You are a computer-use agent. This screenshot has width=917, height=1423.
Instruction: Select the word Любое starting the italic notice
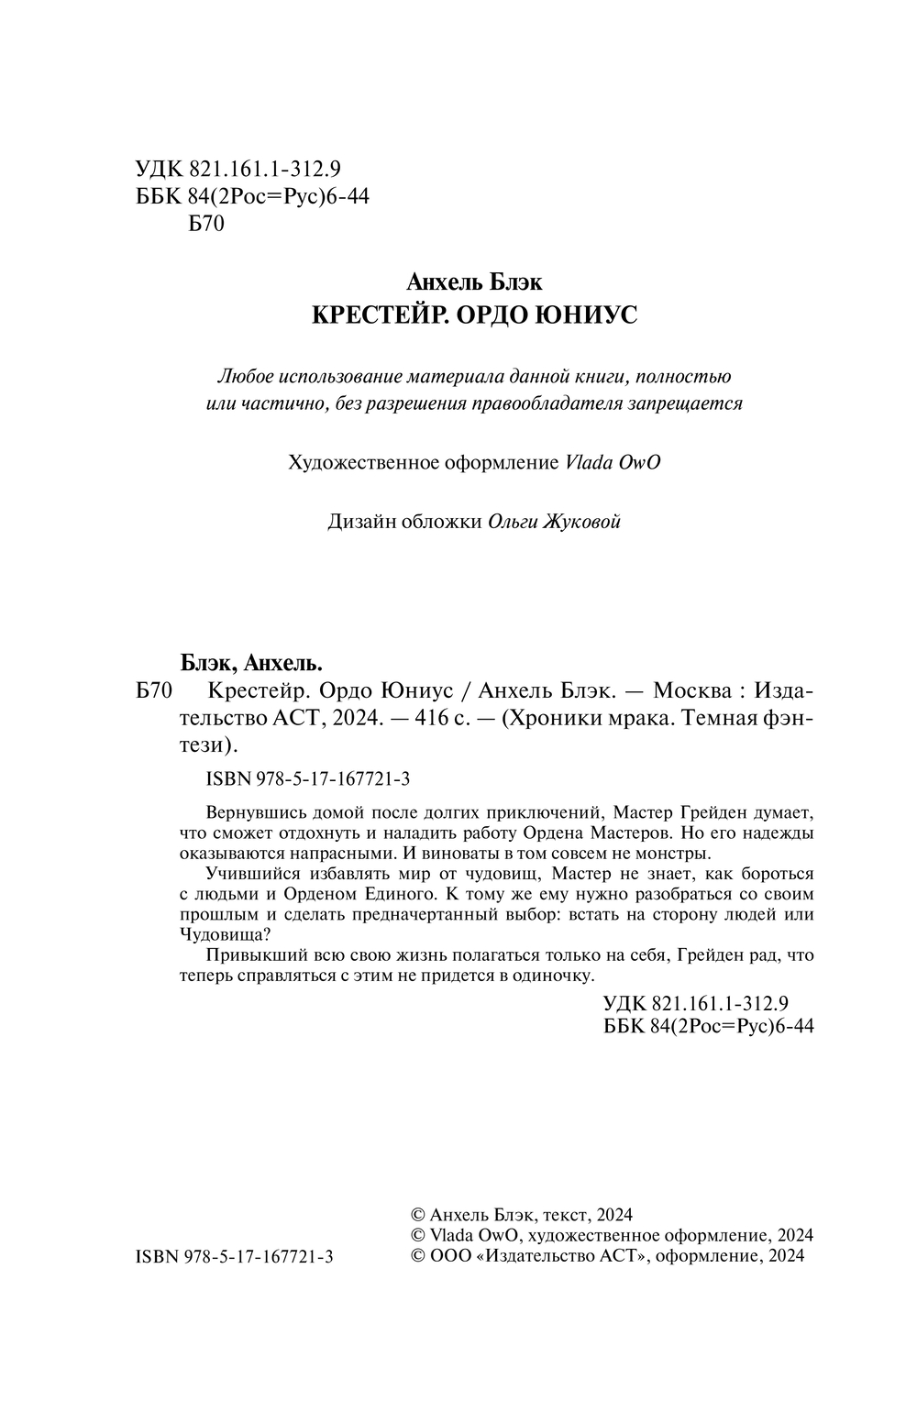246,376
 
